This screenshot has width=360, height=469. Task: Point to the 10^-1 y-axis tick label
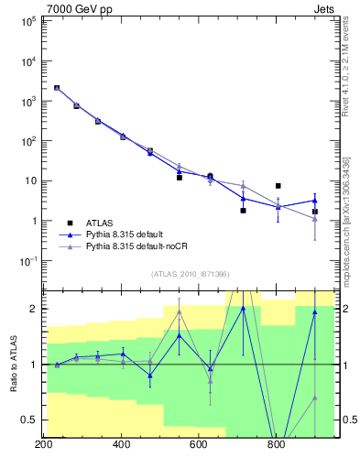coord(25,261)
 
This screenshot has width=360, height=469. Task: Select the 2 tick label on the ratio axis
coord(31,309)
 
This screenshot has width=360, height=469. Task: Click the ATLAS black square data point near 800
coord(278,186)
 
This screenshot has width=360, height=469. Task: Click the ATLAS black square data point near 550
coord(180,177)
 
